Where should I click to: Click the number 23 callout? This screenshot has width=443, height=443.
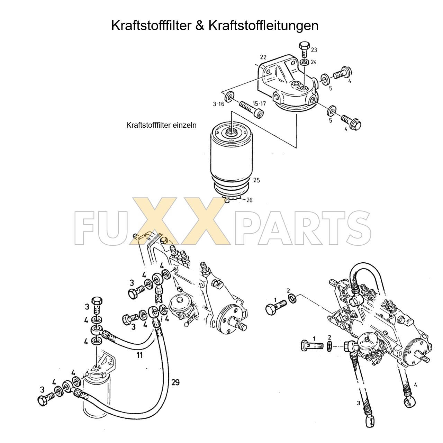pos(314,49)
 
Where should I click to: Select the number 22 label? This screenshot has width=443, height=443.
pos(263,57)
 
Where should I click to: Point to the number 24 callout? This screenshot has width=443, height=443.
pos(314,62)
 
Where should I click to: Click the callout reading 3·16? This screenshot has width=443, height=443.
pos(218,104)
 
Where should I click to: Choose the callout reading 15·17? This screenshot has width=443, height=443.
pos(259,104)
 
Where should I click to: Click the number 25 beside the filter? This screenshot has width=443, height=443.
pos(256,180)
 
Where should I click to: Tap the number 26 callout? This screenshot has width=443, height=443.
pos(250,200)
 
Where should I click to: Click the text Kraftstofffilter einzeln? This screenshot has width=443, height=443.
pos(161,125)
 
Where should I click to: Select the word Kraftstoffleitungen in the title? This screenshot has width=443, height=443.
pos(263,26)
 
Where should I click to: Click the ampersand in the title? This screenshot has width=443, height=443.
pos(200,26)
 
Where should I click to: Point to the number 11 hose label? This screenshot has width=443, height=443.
pos(139,355)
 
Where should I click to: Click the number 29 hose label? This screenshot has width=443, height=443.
pos(175,382)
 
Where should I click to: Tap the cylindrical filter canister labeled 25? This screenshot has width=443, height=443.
pos(232,162)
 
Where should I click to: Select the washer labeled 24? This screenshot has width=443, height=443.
pos(305,62)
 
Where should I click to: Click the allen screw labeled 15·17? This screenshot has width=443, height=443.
pos(252,110)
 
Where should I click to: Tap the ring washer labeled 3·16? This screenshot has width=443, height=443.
pos(229,97)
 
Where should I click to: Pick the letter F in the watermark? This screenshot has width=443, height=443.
pos(84,228)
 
